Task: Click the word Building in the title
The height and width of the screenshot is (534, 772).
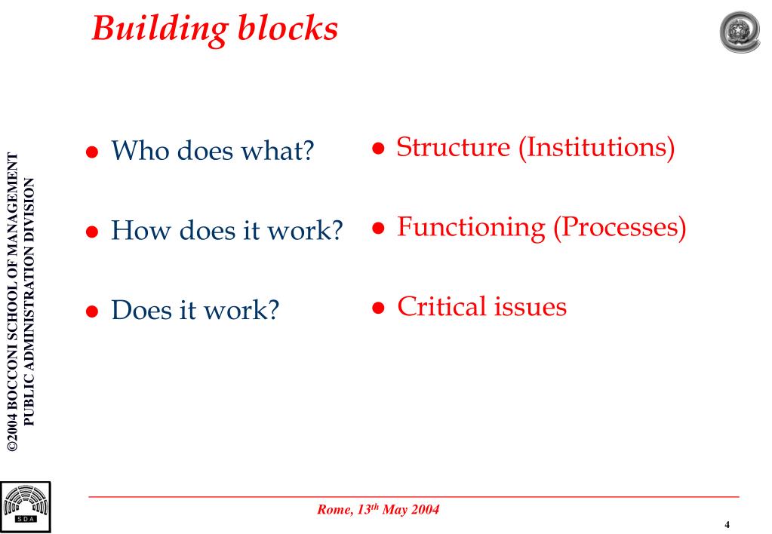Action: [157, 29]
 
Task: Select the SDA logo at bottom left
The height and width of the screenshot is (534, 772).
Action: [26, 506]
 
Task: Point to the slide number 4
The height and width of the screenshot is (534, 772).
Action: [727, 525]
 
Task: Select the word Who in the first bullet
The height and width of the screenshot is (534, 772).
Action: [140, 151]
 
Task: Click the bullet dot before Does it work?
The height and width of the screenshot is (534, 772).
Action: [92, 311]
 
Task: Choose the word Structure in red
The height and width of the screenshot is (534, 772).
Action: [454, 147]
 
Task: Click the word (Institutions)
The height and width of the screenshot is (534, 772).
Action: [596, 147]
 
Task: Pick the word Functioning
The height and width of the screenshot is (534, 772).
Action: [472, 227]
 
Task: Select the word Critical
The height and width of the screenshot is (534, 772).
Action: [442, 306]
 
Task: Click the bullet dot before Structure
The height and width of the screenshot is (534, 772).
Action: [379, 149]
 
